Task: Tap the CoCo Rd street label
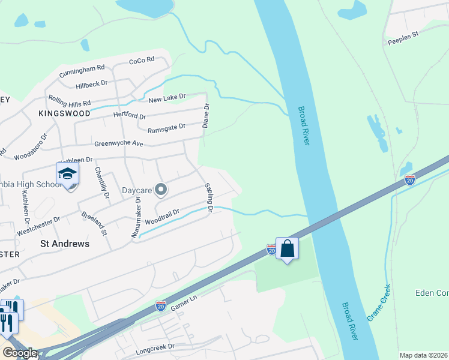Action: click(142, 60)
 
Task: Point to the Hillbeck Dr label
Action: click(91, 85)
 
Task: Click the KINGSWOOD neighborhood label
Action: click(64, 113)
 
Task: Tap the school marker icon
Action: click(68, 174)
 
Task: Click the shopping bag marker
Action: click(288, 247)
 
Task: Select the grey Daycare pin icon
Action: click(160, 190)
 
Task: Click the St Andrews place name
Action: click(64, 244)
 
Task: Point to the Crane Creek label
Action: click(379, 302)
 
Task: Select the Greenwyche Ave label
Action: click(119, 144)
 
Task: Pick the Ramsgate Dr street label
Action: click(166, 127)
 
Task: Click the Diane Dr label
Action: click(206, 116)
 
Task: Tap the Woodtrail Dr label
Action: click(162, 217)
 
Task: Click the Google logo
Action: click(20, 353)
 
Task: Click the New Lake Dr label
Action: click(167, 97)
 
